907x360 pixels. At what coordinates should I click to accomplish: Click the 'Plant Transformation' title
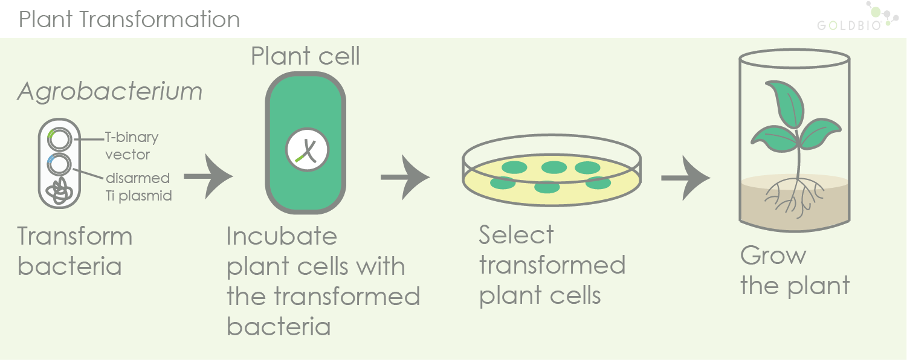[129, 19]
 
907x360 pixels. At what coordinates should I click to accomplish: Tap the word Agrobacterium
[109, 92]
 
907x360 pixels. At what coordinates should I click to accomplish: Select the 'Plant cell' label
[305, 56]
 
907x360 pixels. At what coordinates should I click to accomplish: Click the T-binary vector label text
[131, 146]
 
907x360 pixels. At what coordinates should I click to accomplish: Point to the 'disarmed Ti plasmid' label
[138, 187]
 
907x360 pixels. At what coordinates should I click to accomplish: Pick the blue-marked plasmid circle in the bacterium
[60, 164]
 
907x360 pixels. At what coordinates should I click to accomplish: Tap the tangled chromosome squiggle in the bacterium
[60, 190]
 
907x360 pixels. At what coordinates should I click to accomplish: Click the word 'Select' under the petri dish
[516, 235]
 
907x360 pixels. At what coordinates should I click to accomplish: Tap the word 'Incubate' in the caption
[282, 236]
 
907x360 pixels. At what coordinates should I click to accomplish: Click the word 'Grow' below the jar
[773, 256]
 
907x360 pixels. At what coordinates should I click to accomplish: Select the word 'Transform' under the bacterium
[75, 236]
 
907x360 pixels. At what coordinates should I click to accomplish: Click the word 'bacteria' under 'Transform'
[69, 266]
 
